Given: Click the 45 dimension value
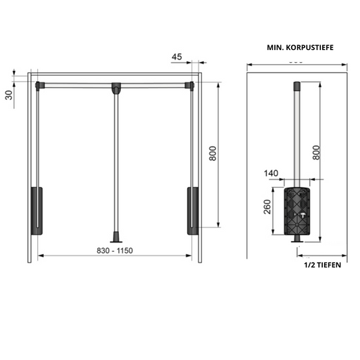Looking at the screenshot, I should [176, 57].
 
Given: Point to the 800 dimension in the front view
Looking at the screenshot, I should [212, 154].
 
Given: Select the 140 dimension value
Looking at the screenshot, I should [272, 174].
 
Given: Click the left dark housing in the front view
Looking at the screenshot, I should [36, 210].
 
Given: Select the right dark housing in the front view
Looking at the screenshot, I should [192, 210].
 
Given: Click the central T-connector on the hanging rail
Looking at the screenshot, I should [117, 87].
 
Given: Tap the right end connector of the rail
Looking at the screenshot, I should [192, 85].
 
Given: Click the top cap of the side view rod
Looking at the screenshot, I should [296, 86].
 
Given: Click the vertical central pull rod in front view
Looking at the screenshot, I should [117, 162].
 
